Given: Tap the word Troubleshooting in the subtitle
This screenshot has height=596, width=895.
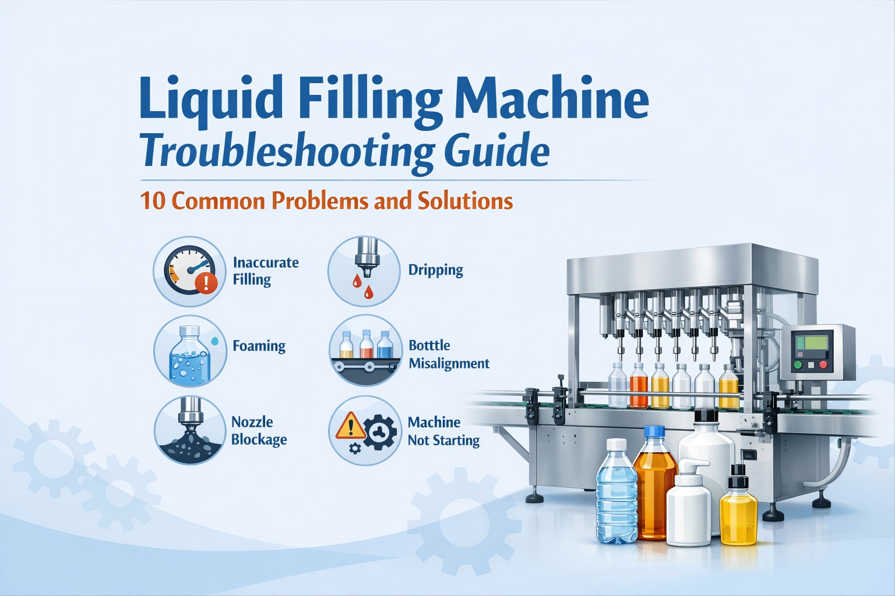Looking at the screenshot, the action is [286, 153].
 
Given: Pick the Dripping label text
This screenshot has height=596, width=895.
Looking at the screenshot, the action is [435, 270].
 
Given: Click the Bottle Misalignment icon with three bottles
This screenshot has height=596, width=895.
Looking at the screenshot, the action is [365, 350].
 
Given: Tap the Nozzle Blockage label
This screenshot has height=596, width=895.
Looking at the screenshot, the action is [259, 430].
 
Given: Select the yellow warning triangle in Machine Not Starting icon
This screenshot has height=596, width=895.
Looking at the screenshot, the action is [350, 426].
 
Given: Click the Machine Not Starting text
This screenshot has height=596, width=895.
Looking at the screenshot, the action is [443, 431].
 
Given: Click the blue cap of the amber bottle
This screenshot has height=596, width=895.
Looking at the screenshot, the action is [654, 432].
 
